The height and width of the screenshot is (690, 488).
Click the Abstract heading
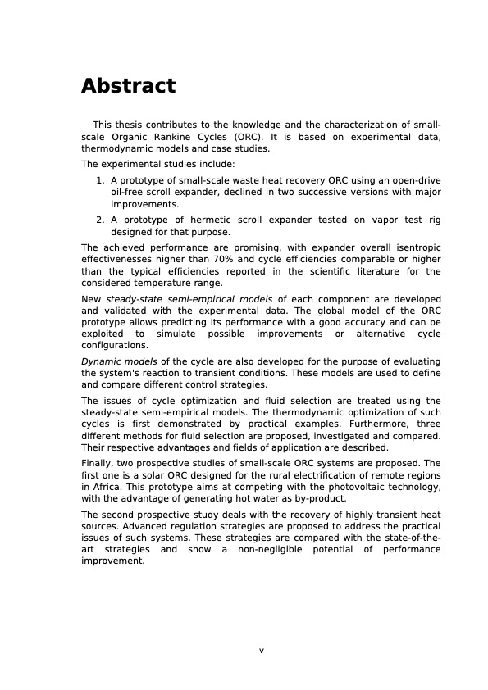coord(128,86)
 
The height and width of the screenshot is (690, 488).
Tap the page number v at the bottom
coord(262,650)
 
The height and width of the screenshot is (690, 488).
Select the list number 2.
coord(99,220)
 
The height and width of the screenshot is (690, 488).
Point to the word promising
coord(234,247)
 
